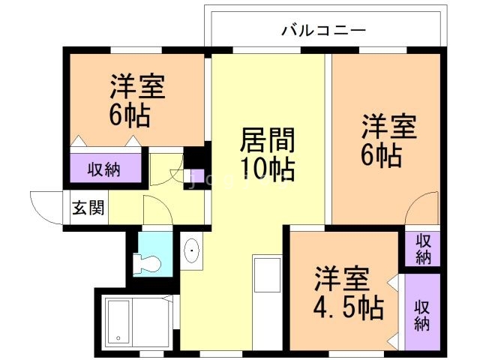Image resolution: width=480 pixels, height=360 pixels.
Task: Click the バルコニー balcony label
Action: click(x=324, y=31)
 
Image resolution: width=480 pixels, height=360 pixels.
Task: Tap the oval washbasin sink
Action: click(x=190, y=251)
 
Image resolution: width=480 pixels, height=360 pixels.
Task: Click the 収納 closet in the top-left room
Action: click(x=106, y=169)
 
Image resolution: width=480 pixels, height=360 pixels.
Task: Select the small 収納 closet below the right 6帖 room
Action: click(x=422, y=247)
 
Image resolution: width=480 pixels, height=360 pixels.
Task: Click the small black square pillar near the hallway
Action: click(x=197, y=158)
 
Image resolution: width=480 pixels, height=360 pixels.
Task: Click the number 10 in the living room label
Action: click(x=255, y=169)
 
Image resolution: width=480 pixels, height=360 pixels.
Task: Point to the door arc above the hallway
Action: click(x=165, y=169)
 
